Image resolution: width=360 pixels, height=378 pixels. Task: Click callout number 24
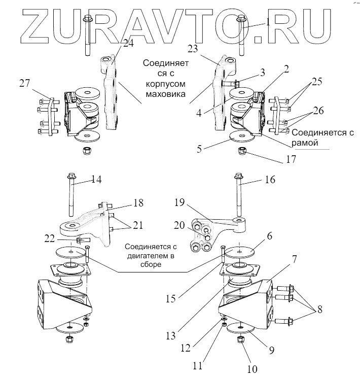(128, 44)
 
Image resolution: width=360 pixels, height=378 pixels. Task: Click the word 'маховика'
(160, 94)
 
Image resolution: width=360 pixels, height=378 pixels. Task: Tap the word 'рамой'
(307, 144)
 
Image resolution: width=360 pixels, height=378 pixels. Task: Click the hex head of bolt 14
(69, 178)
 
